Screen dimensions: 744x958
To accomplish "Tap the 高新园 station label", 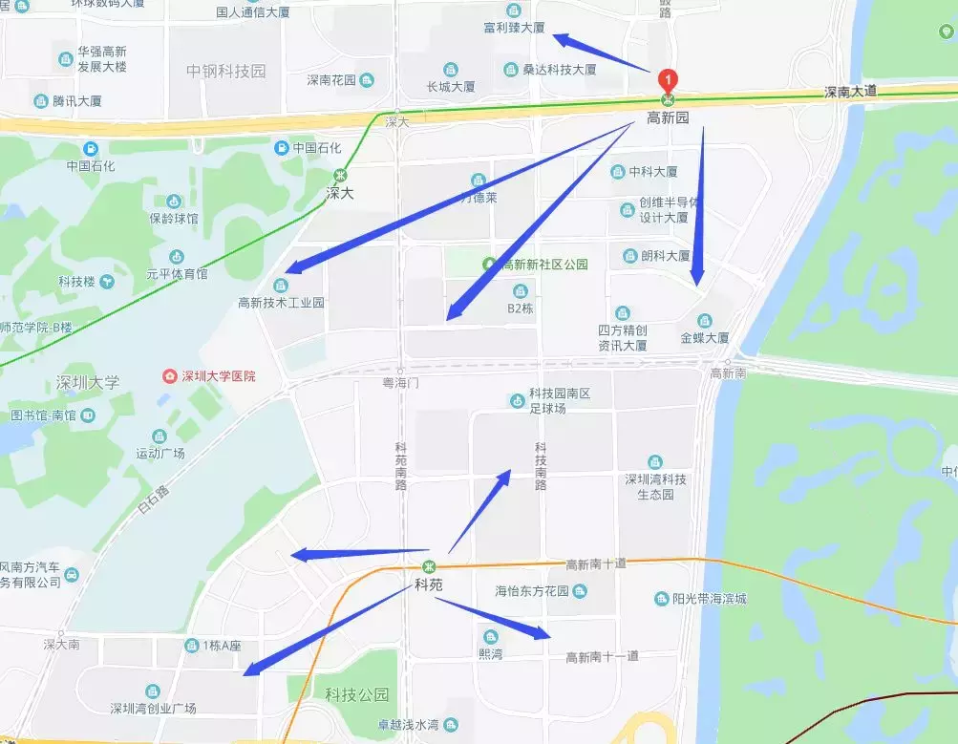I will [668, 118].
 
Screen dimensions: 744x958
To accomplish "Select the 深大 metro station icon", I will [341, 176].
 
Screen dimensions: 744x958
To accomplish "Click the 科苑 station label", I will [429, 585].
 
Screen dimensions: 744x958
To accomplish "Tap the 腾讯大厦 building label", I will [77, 100].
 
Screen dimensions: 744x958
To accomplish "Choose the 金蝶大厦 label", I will [705, 338].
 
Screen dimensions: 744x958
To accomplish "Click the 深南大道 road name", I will [851, 93].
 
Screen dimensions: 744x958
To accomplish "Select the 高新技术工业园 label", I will [281, 303].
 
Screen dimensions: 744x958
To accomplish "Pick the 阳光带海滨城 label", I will [708, 599].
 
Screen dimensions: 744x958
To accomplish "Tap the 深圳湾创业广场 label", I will [153, 708].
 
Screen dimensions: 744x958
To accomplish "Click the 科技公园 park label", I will [357, 694].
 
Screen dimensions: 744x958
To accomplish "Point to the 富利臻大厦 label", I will [514, 28].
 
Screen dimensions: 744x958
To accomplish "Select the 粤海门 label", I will [401, 382].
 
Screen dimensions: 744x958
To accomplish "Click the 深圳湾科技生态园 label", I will [655, 487].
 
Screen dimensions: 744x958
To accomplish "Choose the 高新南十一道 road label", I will [602, 656].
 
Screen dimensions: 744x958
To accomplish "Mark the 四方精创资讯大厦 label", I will [623, 337].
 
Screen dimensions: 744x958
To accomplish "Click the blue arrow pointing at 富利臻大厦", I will [602, 53].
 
